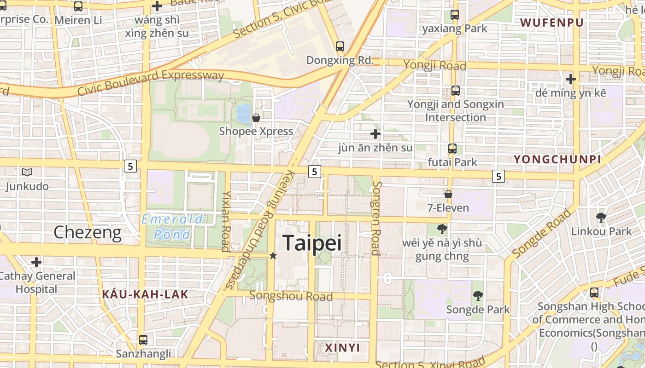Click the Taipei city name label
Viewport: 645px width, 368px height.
pos(312,243)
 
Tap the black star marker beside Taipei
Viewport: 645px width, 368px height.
pos(273,255)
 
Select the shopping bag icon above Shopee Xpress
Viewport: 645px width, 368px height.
pos(256,118)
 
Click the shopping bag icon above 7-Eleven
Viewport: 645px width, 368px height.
pos(448,194)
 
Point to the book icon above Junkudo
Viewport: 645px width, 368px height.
pos(27,172)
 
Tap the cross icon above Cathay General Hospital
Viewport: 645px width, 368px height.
pos(36,262)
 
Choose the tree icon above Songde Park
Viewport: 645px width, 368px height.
pos(478,296)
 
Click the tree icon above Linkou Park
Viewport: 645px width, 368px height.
pos(601,217)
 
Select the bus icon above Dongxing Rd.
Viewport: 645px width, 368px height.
pos(340,46)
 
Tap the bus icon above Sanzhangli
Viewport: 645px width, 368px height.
pos(143,340)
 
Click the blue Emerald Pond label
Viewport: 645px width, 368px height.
pos(172,227)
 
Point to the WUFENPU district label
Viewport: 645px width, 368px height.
pos(551,23)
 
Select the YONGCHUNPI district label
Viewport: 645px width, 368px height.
pos(557,160)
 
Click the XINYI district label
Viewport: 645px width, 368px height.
pos(342,348)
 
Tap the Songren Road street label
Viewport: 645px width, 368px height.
pos(376,218)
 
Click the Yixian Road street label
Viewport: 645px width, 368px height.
pos(226,221)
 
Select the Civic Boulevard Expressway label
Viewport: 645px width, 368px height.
pos(150,82)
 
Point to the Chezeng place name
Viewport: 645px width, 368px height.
pos(88,233)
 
